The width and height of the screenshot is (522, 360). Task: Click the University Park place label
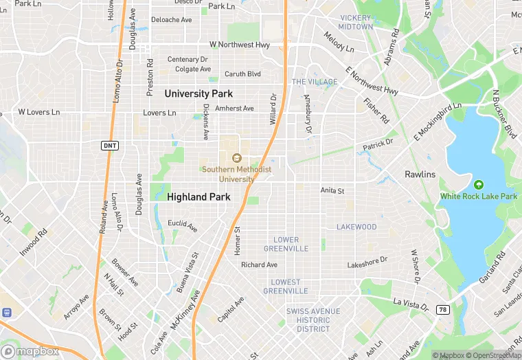(x=198, y=93)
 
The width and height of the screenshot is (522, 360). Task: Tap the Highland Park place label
(x=198, y=196)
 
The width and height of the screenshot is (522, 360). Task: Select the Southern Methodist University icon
(x=236, y=158)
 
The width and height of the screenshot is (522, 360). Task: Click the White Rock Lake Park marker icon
(x=479, y=184)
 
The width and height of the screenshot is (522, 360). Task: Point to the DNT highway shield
(x=109, y=146)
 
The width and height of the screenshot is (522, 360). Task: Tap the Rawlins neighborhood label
(x=420, y=175)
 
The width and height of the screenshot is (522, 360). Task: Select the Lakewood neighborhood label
(x=356, y=227)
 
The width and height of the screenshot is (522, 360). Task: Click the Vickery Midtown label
(x=355, y=22)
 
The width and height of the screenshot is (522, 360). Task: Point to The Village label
(x=315, y=82)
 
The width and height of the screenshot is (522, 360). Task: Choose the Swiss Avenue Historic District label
(x=313, y=320)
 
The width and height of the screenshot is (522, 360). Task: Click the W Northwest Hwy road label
(x=240, y=45)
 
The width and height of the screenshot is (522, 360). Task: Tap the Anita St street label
(x=332, y=190)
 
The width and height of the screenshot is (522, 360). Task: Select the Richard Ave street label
(x=259, y=265)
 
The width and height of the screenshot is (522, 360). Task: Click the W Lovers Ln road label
(x=39, y=111)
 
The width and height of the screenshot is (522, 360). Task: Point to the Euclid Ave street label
(x=183, y=224)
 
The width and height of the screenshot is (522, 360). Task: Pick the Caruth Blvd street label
(x=242, y=74)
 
